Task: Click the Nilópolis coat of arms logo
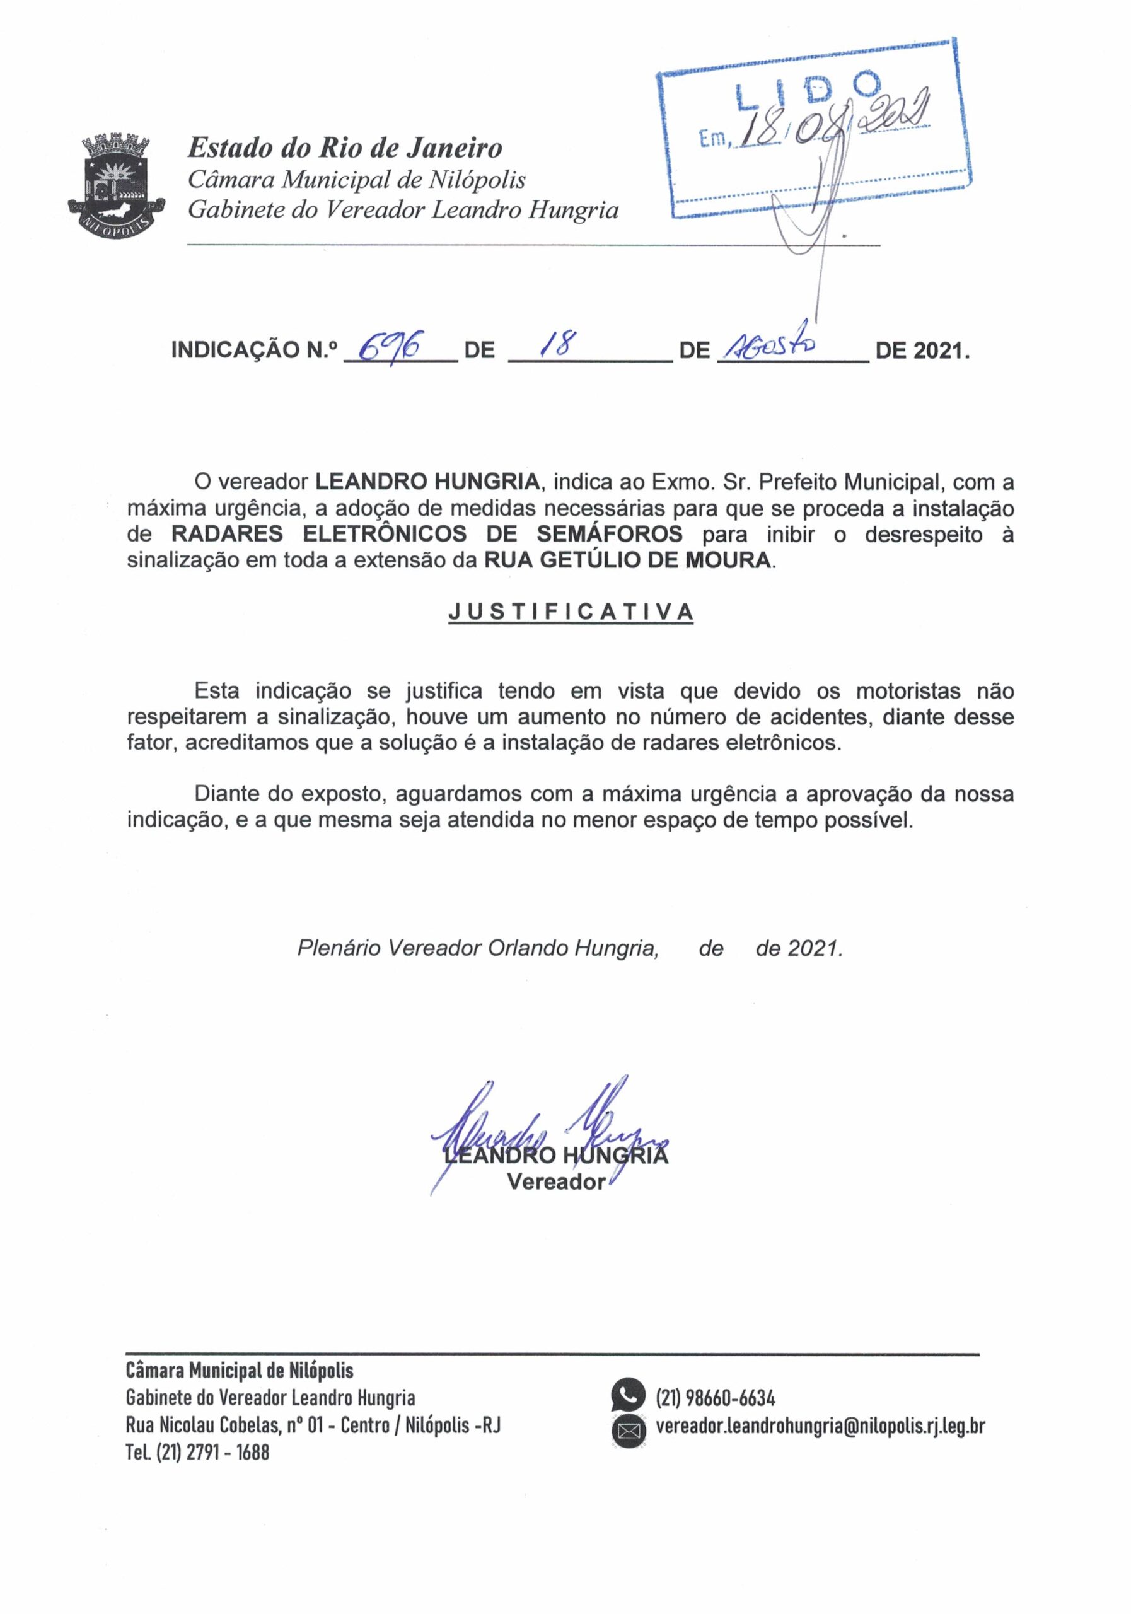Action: [x=117, y=181]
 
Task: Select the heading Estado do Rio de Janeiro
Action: [x=344, y=148]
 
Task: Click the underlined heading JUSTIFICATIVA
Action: [x=571, y=612]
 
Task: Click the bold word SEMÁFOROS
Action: [x=609, y=534]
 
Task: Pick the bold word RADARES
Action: [x=227, y=534]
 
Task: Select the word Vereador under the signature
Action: [x=555, y=1182]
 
